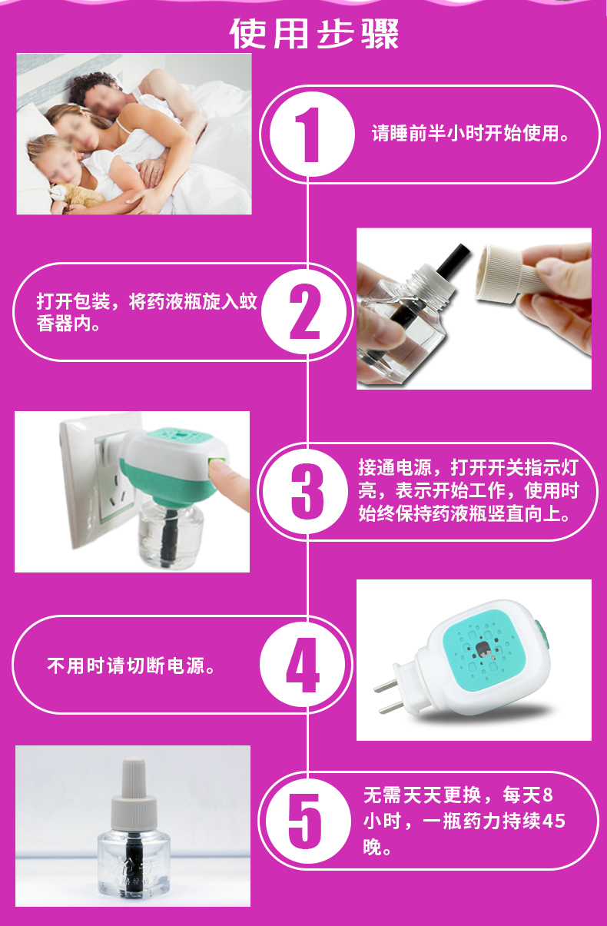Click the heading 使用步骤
coord(314,34)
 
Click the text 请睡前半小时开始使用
coord(469,134)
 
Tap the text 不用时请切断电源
coord(131,666)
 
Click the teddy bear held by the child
coord(76,197)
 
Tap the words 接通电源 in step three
coord(395,467)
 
